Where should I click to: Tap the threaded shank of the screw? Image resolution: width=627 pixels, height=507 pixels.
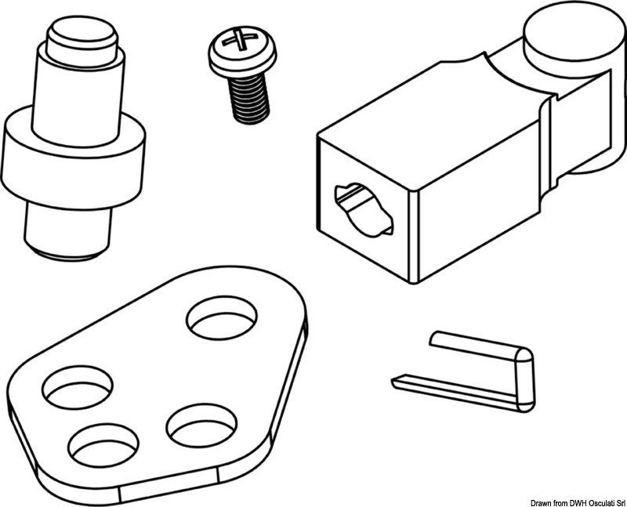248,99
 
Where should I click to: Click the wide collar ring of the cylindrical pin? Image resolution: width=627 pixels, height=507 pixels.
73,159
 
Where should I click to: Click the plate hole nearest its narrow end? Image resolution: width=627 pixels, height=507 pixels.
222,318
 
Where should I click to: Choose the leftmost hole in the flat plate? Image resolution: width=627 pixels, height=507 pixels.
78,387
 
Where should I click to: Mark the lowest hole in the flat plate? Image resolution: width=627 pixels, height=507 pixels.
103,445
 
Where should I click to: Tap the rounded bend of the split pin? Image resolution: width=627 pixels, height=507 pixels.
524,380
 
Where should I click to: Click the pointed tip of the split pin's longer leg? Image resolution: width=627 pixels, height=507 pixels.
393,381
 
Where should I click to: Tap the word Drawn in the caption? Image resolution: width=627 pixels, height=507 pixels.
540,502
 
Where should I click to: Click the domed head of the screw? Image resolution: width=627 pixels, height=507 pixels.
242,51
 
